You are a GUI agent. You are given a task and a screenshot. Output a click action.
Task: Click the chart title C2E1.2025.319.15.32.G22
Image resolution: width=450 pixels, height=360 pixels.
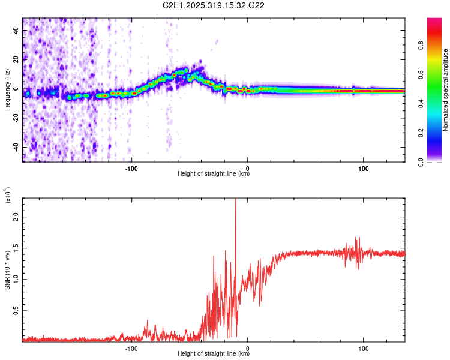(214, 5)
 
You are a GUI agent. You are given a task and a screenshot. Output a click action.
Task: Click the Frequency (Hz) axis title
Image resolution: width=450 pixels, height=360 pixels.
(8, 89)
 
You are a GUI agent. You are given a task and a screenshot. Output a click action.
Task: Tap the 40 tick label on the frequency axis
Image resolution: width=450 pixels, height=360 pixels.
(16, 31)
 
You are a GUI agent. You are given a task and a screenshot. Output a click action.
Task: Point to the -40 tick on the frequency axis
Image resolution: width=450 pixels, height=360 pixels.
(14, 147)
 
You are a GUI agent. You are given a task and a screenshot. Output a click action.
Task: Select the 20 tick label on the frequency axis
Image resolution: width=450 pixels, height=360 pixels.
(16, 60)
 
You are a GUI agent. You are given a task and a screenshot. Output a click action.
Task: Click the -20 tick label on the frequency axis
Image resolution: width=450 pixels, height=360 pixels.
(14, 118)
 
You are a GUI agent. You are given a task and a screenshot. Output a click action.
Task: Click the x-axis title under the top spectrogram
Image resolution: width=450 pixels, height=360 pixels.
(214, 173)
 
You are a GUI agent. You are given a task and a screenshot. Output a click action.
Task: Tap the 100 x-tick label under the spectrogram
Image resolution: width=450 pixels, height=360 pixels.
(363, 167)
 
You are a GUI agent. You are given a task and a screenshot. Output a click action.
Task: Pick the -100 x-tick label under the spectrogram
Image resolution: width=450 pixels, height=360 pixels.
(131, 167)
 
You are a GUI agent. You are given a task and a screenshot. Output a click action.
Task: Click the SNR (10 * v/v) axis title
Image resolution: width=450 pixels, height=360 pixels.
(8, 268)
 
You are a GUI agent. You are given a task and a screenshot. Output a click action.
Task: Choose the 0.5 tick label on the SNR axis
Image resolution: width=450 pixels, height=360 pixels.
(16, 310)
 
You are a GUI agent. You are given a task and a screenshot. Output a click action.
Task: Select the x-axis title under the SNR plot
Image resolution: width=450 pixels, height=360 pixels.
(214, 353)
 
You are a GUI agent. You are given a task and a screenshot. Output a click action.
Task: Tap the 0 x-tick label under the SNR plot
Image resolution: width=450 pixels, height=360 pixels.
(248, 347)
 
